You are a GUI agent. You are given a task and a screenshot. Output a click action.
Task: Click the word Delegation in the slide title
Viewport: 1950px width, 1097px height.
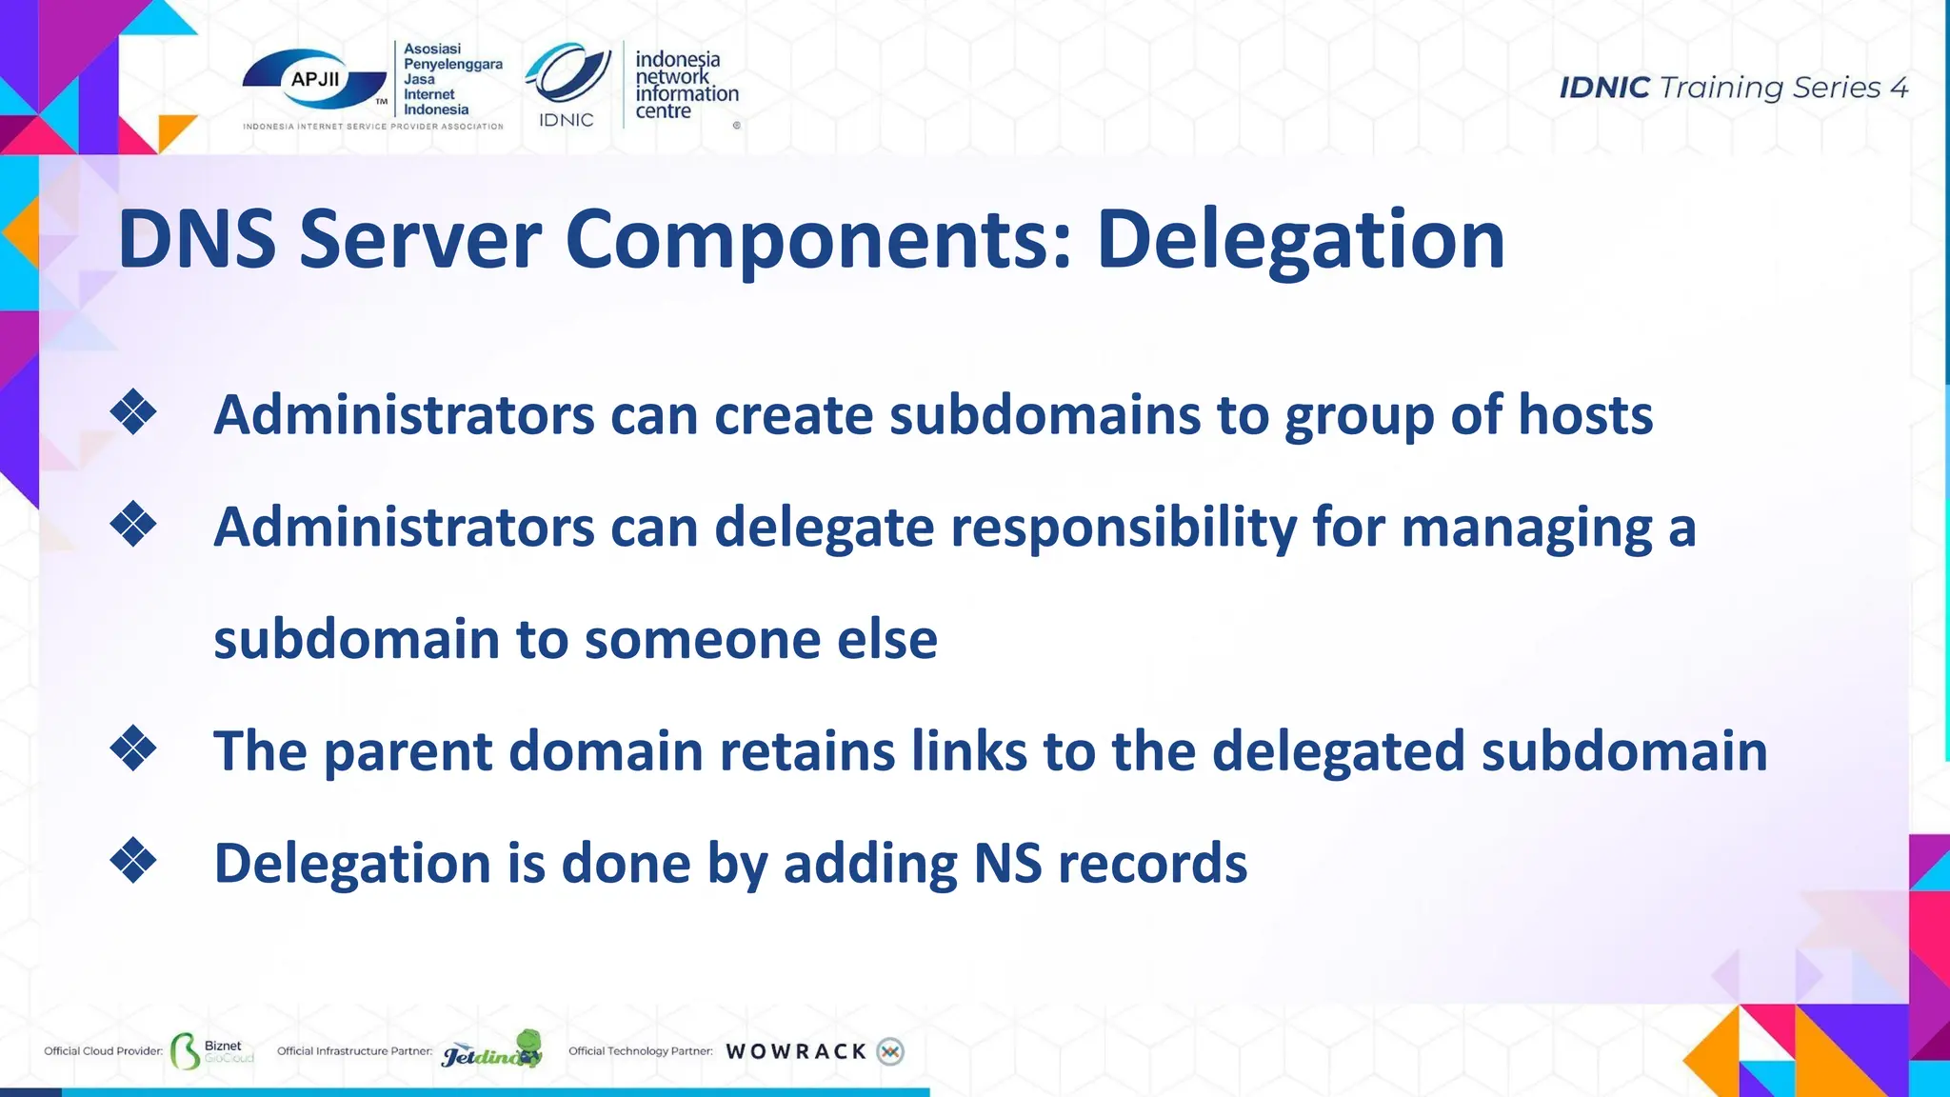coord(1301,240)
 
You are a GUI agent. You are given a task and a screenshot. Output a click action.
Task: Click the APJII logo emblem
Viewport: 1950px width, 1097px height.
coord(314,81)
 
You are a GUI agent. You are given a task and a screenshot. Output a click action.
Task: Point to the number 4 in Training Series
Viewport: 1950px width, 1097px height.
coord(1899,88)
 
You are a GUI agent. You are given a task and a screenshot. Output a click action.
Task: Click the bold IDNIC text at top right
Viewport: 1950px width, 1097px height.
coord(1603,88)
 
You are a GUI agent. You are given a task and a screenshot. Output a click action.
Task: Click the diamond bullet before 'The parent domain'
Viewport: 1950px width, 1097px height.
coord(133,748)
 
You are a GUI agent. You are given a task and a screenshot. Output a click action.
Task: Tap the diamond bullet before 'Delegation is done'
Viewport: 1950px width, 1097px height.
coord(133,861)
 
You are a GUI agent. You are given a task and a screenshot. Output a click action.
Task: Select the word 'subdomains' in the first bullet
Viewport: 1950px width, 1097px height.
coord(1045,415)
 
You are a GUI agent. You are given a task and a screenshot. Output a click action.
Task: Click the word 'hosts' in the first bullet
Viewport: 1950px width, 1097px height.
coord(1584,415)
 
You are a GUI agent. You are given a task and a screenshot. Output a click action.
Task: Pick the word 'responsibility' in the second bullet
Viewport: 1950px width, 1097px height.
coord(1124,528)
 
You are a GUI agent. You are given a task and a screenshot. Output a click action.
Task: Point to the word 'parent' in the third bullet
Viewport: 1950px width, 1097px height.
coord(408,751)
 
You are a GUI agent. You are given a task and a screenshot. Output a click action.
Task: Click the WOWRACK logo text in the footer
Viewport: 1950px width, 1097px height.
coord(796,1051)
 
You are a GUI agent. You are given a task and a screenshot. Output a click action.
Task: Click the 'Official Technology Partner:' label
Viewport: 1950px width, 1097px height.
coord(640,1051)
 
